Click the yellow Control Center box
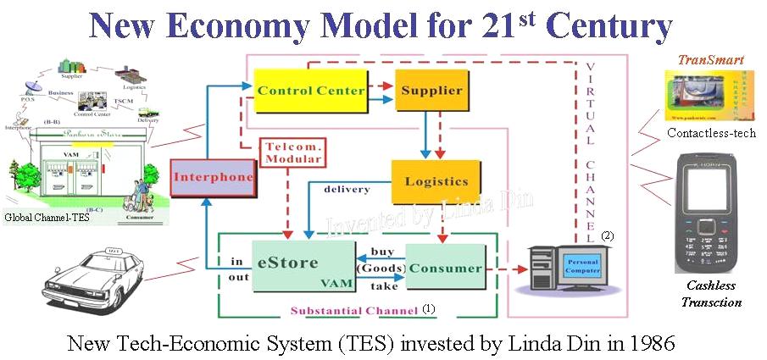coord(311,91)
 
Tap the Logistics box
coord(436,181)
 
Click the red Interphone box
coord(214,178)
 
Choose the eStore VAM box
coord(303,266)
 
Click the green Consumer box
coord(446,268)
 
